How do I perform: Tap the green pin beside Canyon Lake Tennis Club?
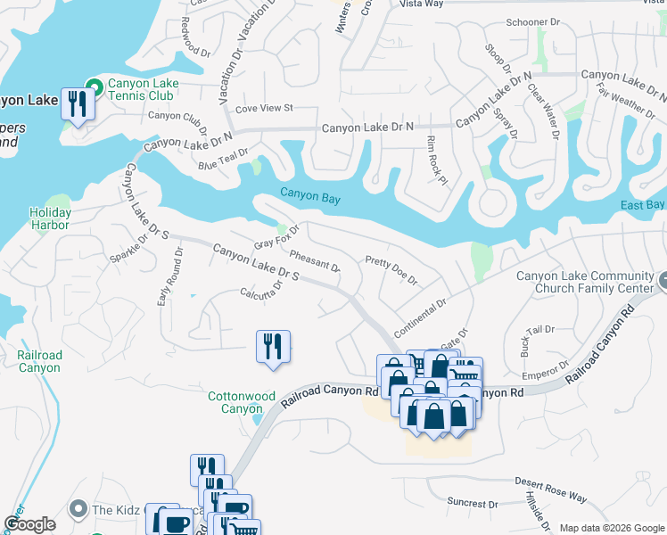90,86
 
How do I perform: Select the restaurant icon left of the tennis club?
78,104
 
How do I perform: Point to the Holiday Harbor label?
49,218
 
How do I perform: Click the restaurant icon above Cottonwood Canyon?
273,347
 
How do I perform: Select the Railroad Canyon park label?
39,361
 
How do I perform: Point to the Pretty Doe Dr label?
391,271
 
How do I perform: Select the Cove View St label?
264,109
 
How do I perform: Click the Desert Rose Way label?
551,488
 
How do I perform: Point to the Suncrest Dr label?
473,504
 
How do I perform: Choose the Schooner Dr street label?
532,21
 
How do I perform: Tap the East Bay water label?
643,206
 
